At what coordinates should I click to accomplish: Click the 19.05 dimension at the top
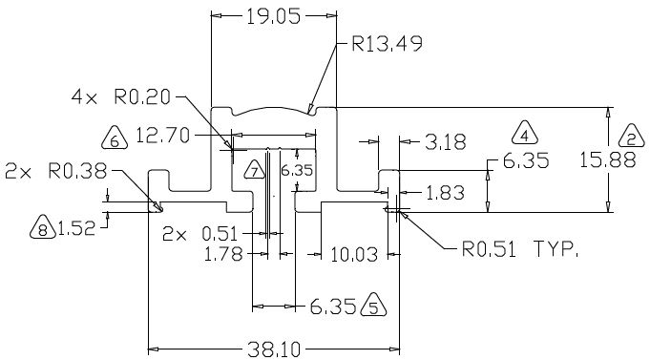pyautogui.click(x=273, y=16)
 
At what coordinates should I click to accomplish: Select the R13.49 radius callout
pyautogui.click(x=388, y=44)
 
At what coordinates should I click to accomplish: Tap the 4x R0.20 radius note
pyautogui.click(x=121, y=97)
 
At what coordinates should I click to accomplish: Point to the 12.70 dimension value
pyautogui.click(x=162, y=136)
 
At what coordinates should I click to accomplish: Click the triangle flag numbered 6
pyautogui.click(x=115, y=138)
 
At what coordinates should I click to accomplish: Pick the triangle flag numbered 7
pyautogui.click(x=255, y=170)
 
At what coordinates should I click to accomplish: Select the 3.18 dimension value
pyautogui.click(x=446, y=142)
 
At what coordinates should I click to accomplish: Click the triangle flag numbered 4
pyautogui.click(x=525, y=133)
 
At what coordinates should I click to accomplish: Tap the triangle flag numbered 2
pyautogui.click(x=631, y=136)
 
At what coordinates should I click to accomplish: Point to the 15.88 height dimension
pyautogui.click(x=607, y=160)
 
